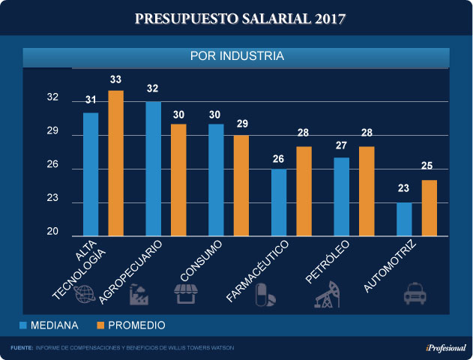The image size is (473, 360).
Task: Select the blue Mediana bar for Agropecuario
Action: (153, 169)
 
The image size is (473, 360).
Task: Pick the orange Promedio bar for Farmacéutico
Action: (304, 191)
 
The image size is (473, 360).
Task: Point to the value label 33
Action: (116, 79)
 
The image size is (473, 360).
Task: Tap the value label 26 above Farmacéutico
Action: (279, 158)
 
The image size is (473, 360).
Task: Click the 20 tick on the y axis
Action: (53, 232)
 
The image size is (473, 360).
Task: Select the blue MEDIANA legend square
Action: (23, 325)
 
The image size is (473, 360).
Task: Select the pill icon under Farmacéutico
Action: (265, 294)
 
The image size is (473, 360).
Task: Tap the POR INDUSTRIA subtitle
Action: (237, 56)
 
